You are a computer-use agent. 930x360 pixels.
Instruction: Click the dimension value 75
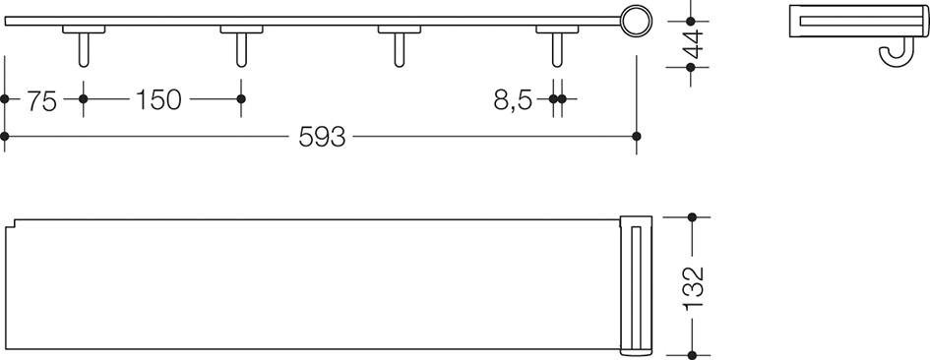pyautogui.click(x=41, y=100)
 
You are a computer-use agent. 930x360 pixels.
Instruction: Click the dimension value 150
pyautogui.click(x=158, y=99)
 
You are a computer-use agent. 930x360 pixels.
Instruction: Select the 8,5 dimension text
pyautogui.click(x=513, y=100)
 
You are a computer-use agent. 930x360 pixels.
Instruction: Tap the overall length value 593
pyautogui.click(x=322, y=137)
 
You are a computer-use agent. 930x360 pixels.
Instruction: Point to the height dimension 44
pyautogui.click(x=692, y=44)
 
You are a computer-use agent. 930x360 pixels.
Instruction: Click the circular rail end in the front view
pyautogui.click(x=636, y=22)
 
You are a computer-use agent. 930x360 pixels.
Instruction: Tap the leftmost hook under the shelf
pyautogui.click(x=84, y=50)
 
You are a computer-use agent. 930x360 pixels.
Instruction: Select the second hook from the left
pyautogui.click(x=241, y=50)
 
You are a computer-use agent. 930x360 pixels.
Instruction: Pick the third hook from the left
pyautogui.click(x=400, y=50)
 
